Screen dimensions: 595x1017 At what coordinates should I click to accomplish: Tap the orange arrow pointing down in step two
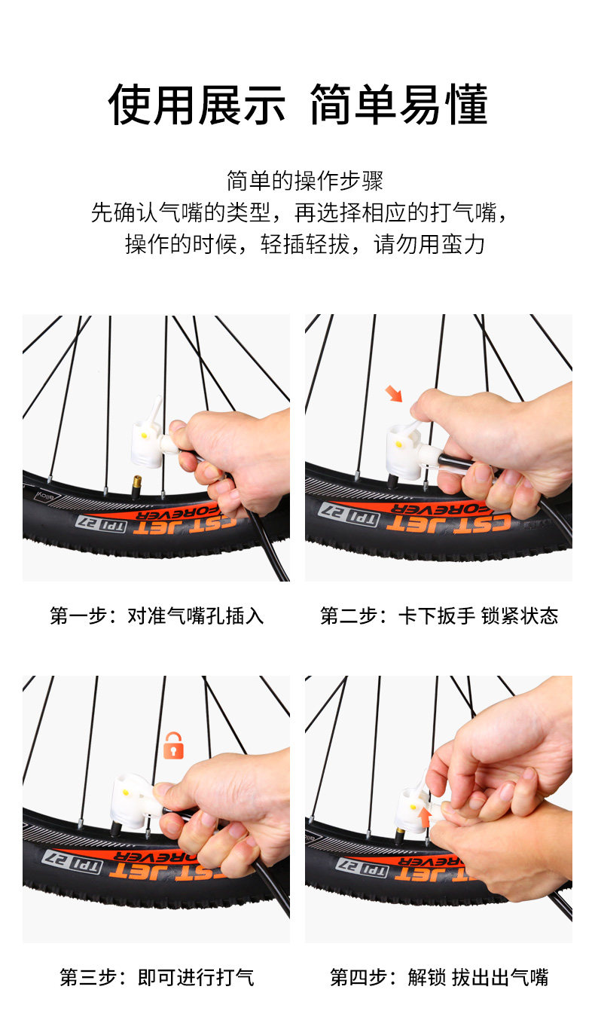pyautogui.click(x=393, y=394)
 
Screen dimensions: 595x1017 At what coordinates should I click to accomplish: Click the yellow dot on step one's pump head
pyautogui.click(x=145, y=435)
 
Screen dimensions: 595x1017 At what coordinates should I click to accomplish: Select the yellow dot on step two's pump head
pyautogui.click(x=398, y=444)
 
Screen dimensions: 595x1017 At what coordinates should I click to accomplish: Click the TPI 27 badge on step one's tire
pyautogui.click(x=101, y=523)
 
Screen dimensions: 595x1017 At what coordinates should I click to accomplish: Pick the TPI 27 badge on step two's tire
pyautogui.click(x=349, y=513)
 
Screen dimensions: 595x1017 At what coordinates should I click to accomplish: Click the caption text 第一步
pyautogui.click(x=78, y=616)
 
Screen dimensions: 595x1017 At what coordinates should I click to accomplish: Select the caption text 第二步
pyautogui.click(x=349, y=616)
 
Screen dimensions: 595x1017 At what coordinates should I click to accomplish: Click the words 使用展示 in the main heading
pyautogui.click(x=197, y=105)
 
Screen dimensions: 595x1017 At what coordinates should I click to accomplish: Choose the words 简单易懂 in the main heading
pyautogui.click(x=399, y=105)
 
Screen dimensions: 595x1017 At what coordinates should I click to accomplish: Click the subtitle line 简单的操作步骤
pyautogui.click(x=305, y=181)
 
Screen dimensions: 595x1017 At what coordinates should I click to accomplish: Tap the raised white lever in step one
pyautogui.click(x=156, y=412)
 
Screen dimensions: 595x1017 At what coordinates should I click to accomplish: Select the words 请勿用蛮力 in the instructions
pyautogui.click(x=429, y=244)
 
